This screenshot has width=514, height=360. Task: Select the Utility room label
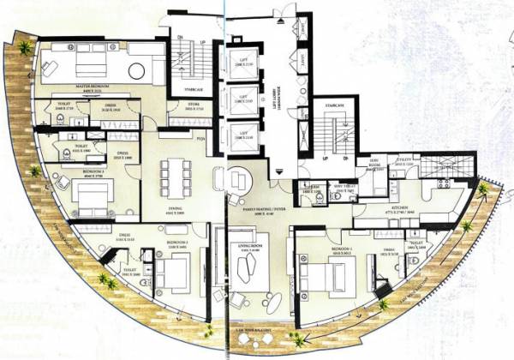(x=405, y=161)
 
